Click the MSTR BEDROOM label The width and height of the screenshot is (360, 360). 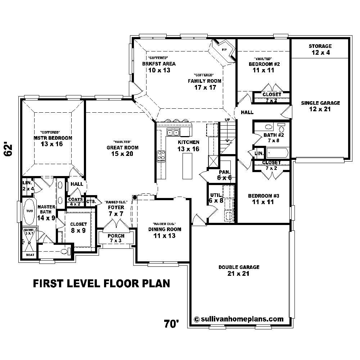53,138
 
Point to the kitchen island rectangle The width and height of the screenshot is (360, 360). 188,166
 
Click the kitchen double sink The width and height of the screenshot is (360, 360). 173,133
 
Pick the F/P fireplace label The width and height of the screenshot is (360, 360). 224,49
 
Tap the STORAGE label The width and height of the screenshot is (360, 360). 320,46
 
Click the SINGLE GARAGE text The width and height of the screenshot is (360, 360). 320,103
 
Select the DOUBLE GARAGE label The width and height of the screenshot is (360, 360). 239,267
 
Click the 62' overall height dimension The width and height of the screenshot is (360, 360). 9,150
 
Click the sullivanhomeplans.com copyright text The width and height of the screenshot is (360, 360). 239,319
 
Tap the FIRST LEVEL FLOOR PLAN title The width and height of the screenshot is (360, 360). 101,284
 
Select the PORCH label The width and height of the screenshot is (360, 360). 116,236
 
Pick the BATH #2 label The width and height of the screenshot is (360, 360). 274,135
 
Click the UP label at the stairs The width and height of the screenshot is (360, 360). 227,120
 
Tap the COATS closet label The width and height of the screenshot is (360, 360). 76,199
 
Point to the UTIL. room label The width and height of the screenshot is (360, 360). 216,195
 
